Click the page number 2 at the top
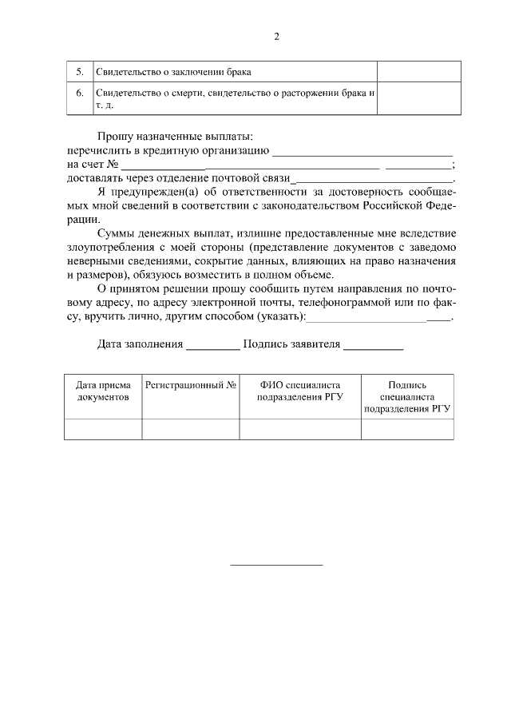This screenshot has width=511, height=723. [276, 36]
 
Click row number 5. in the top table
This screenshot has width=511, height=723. [80, 72]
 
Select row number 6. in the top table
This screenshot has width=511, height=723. [80, 93]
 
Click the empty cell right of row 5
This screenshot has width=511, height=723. [419, 71]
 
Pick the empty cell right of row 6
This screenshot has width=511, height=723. [419, 99]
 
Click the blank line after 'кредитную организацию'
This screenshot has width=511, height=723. [362, 153]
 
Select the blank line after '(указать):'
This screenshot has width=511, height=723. [378, 319]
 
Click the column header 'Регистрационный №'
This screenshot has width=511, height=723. [191, 384]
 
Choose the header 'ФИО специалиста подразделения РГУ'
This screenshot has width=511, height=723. [300, 390]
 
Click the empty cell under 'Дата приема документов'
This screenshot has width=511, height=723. [103, 429]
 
